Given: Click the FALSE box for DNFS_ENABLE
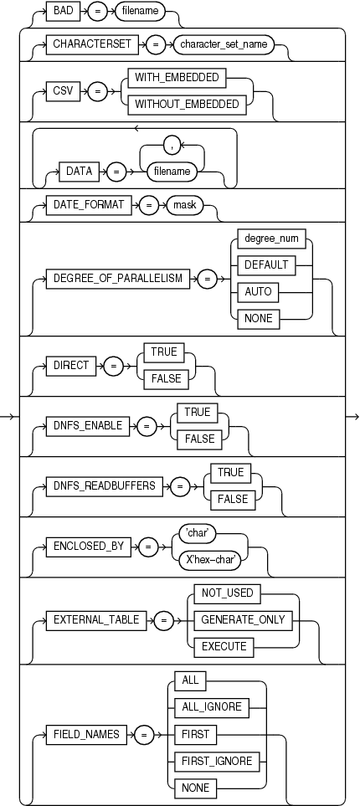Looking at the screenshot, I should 196,438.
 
